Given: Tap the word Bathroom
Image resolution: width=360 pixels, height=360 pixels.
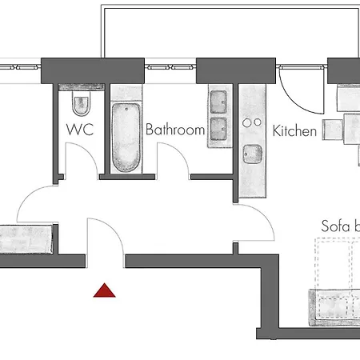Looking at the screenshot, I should tap(174, 130).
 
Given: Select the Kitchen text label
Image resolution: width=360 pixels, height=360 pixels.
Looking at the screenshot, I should tap(295, 130).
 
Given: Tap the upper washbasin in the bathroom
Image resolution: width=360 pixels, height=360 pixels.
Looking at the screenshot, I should tap(218, 101).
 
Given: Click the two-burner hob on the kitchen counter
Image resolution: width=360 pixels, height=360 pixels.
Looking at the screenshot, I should tap(253, 122).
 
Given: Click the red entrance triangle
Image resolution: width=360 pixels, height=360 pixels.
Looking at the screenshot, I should tap(104, 290).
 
